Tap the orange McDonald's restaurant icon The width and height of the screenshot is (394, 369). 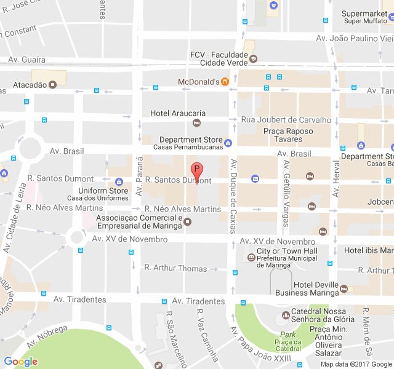point(225,81)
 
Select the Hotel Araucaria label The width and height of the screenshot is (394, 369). point(178,113)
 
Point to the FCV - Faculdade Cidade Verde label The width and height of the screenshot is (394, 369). point(218,58)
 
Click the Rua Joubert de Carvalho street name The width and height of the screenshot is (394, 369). point(286,120)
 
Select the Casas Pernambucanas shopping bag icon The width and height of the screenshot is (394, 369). point(228,143)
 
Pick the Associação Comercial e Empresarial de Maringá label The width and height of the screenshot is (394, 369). point(140,222)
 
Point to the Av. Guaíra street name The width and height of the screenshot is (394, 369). point(26,60)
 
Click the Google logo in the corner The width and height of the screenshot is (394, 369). point(21,362)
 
